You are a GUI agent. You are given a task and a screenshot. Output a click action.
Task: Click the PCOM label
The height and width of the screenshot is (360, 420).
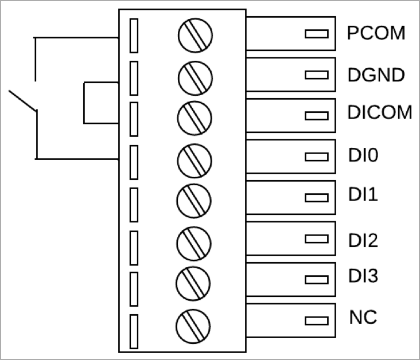376,33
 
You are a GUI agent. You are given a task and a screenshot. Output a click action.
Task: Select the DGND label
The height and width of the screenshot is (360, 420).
376,75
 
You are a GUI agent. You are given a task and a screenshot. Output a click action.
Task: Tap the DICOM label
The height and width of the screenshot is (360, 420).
380,113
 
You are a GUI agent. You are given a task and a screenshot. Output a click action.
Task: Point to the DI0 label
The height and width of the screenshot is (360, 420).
363,155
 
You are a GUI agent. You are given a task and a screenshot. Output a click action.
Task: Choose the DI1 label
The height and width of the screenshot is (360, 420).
363,195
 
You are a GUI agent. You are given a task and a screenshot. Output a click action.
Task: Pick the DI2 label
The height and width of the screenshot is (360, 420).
363,240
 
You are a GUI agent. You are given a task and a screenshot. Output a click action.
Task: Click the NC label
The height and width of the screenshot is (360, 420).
363,317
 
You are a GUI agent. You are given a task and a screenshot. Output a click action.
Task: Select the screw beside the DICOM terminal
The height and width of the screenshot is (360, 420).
195,117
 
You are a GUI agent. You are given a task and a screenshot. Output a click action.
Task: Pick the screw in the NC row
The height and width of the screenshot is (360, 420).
195,326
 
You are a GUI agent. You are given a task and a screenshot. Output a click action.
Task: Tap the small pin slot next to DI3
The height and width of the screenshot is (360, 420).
316,280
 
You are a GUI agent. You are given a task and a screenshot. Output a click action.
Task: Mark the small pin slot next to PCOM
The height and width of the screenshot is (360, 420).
316,34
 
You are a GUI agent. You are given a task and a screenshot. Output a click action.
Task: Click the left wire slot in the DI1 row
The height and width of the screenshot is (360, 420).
134,202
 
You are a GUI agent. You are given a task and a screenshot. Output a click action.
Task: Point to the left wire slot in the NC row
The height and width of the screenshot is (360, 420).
134,331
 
